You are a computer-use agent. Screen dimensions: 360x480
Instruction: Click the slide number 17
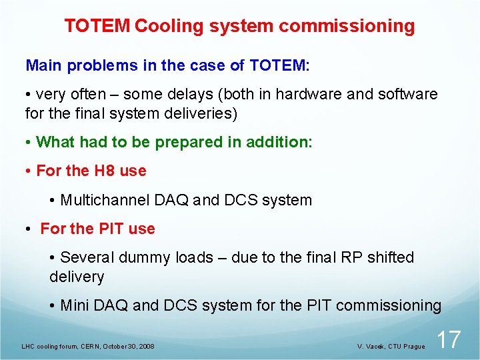pos(449,339)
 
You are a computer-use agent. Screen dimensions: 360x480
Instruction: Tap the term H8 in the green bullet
pos(105,171)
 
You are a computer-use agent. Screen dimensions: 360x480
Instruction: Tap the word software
pos(408,94)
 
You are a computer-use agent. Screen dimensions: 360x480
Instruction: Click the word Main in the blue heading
pos(43,65)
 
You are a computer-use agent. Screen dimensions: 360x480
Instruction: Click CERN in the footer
pos(90,347)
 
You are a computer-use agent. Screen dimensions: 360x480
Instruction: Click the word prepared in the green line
pos(176,142)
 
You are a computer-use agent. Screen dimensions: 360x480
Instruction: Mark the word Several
pos(87,257)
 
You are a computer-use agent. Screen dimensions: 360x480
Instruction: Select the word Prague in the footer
pos(413,347)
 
